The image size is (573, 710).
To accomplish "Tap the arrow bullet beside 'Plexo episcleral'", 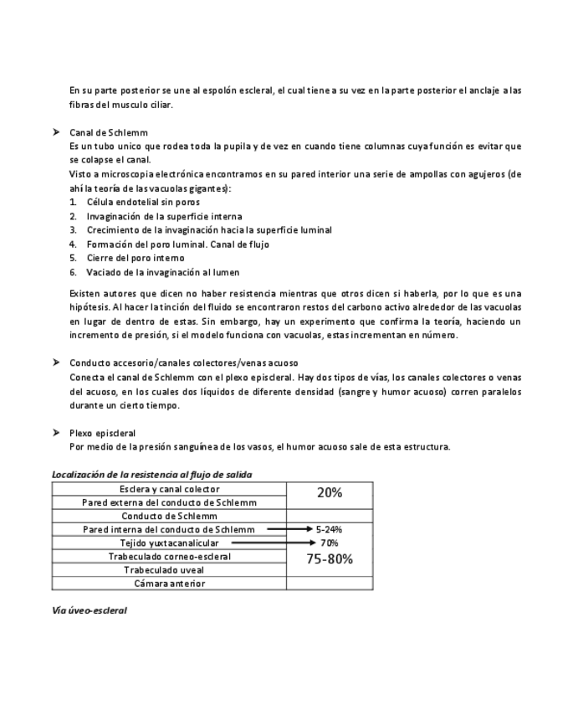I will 56,433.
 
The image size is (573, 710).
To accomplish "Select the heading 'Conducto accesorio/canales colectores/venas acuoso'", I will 183,363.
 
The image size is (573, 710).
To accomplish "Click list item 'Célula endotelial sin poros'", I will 143,202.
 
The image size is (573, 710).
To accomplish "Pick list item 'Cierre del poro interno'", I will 136,258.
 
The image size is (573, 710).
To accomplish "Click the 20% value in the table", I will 330,493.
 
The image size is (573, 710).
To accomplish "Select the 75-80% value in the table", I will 330,559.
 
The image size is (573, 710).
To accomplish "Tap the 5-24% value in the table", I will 330,529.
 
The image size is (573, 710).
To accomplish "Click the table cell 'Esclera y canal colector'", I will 170,489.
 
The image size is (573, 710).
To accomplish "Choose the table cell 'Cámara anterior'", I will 170,584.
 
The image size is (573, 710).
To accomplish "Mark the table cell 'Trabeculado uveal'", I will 170,570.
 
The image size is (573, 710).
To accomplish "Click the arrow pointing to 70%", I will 269,543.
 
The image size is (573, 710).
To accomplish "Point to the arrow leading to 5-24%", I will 289,529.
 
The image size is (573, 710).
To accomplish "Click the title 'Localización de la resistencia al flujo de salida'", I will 151,475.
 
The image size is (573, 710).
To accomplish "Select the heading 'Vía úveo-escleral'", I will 90,610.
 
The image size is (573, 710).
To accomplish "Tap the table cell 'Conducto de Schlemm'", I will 170,516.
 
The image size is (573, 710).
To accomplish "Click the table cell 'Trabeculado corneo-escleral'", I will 170,556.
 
